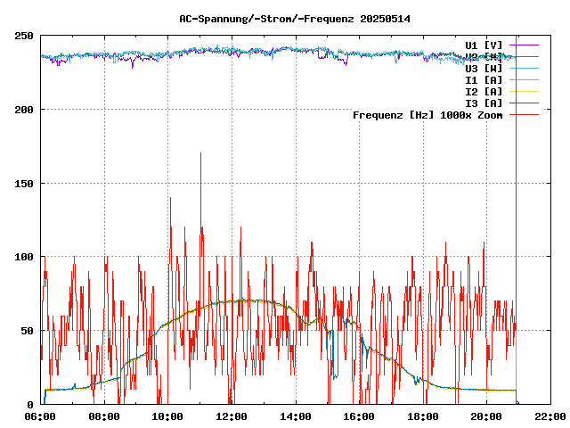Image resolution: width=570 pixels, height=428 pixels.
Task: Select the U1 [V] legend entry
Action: tap(484, 45)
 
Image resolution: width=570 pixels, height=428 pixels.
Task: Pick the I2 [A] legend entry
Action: tap(484, 91)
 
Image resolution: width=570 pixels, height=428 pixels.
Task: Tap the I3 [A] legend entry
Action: tap(484, 103)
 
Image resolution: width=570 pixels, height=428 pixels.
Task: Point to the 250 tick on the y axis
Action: tap(24, 36)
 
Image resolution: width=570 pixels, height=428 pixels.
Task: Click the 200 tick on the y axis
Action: tap(24, 110)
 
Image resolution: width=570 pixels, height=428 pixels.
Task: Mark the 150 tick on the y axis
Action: tap(24, 184)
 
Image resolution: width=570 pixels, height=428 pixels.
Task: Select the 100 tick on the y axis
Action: tap(24, 257)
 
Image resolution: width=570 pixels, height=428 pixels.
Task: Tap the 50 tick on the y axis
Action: tap(28, 331)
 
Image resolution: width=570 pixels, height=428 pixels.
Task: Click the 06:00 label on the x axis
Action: tap(41, 416)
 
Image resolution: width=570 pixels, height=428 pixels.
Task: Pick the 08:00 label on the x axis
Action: tap(104, 416)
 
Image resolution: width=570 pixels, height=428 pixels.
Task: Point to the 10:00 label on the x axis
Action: tap(168, 416)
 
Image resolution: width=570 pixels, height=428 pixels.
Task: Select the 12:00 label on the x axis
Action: tap(232, 416)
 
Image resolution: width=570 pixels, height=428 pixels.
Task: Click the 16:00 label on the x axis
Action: tap(359, 416)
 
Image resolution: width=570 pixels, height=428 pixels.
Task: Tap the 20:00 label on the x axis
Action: tap(486, 416)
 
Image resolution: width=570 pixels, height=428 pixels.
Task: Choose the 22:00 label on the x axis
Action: tap(550, 416)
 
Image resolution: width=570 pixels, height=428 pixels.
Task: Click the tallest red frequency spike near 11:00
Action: tap(200, 154)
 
